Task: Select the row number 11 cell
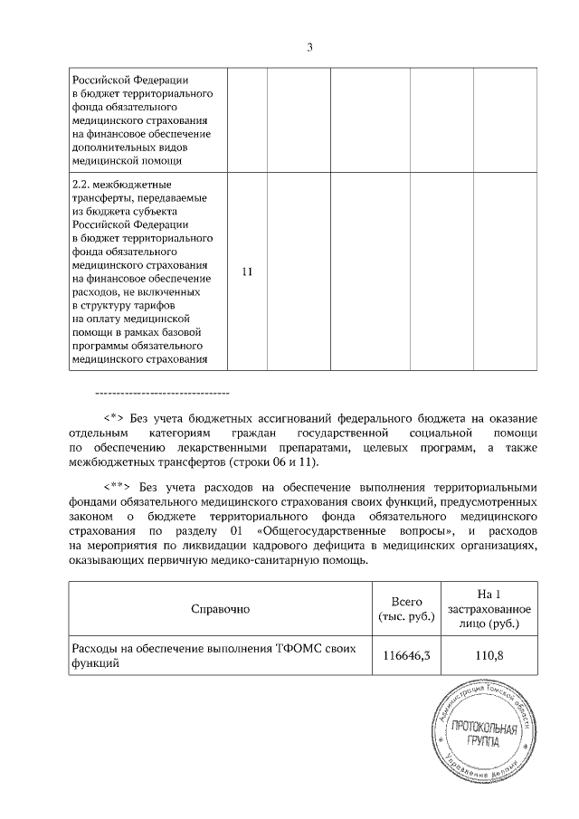pos(247,271)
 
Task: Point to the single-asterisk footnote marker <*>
pos(113,418)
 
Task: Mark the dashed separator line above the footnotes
pos(162,393)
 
